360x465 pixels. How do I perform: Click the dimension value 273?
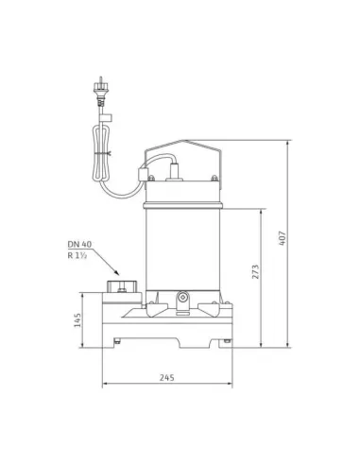click(x=256, y=274)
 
